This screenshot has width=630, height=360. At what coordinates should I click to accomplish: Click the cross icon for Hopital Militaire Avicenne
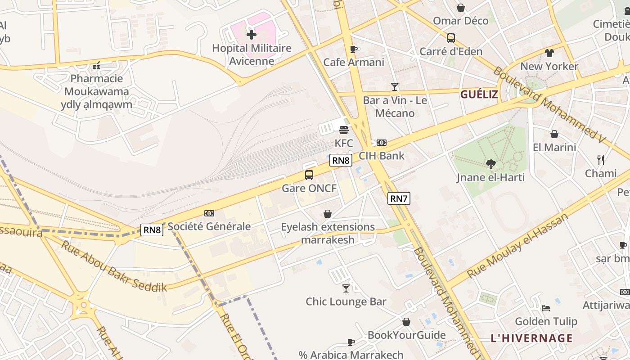[x=252, y=34]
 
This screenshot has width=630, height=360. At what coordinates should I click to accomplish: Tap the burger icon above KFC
[x=344, y=130]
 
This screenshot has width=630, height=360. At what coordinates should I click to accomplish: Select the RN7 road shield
[x=399, y=198]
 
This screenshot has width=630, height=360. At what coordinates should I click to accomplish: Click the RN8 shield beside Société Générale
[x=152, y=230]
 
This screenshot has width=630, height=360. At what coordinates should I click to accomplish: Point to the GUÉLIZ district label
[x=479, y=94]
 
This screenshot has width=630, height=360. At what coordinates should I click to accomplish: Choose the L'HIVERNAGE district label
[x=531, y=338]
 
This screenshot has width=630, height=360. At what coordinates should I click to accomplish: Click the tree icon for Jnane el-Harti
[x=490, y=164]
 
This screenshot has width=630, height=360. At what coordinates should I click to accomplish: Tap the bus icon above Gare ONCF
[x=309, y=175]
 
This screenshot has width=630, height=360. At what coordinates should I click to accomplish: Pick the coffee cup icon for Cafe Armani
[x=354, y=49]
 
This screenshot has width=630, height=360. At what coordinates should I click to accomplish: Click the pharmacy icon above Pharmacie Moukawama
[x=96, y=66]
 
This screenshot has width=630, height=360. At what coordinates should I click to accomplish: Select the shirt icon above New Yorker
[x=549, y=53]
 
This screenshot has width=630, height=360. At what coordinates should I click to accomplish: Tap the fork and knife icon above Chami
[x=600, y=160]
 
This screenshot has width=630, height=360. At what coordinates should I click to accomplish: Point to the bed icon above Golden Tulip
[x=546, y=308]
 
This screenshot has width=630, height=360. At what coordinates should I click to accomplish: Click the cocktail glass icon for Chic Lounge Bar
[x=346, y=288]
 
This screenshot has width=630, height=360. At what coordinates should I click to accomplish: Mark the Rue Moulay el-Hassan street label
[x=517, y=246]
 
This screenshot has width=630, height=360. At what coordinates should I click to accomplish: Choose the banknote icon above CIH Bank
[x=382, y=143]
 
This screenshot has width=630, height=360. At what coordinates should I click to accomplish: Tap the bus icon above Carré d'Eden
[x=451, y=38]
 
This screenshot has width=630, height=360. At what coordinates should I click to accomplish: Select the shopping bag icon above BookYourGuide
[x=406, y=322]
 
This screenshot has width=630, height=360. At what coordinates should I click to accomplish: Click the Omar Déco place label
[x=460, y=21]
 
